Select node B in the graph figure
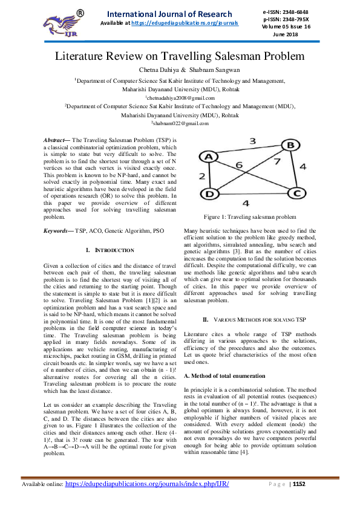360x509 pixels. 290,146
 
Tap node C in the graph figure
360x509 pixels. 296,193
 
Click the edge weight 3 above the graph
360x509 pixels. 252,141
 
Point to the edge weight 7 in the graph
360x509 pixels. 277,163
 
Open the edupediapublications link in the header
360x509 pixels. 185,23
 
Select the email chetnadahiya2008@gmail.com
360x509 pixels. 179,97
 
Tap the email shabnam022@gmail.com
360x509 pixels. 179,123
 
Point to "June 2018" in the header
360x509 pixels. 295,34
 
